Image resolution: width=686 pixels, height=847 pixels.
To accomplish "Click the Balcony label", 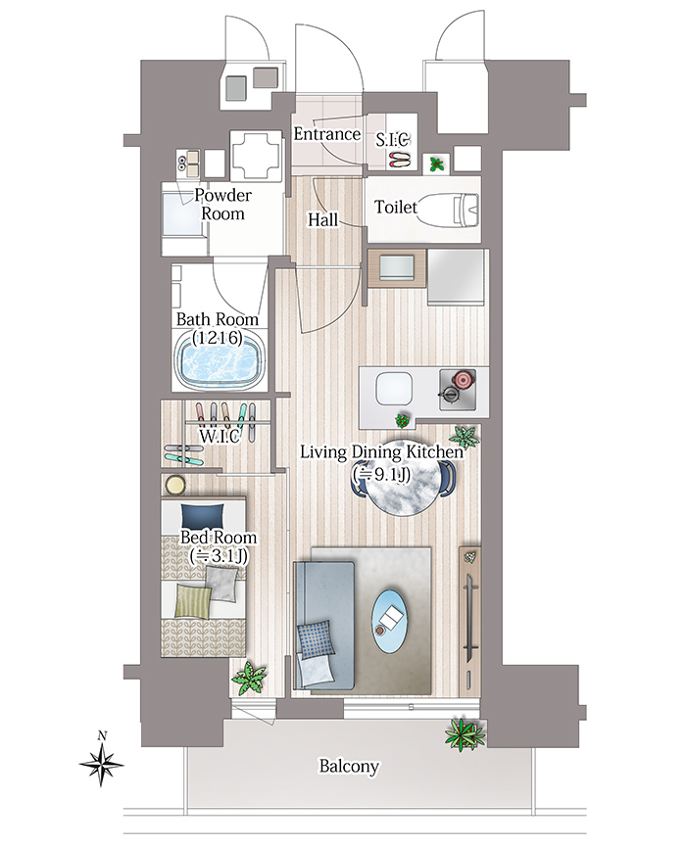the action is tap(349, 766).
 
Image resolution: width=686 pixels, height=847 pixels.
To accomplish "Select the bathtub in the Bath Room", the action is tap(220, 363).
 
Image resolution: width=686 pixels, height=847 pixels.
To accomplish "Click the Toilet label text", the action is tap(396, 207).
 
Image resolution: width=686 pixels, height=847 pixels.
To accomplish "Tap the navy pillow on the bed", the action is tap(202, 517).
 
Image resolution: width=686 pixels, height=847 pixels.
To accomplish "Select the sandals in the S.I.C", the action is tap(400, 159).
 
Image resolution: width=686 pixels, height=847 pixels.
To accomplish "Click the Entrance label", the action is tap(326, 134).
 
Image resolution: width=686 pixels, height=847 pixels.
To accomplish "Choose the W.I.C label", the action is tap(220, 437).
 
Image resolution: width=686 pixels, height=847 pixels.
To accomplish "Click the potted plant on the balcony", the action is tap(463, 734).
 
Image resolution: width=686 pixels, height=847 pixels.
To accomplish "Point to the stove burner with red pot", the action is tap(458, 389).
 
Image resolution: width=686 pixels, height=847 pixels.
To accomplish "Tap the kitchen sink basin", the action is tap(394, 389).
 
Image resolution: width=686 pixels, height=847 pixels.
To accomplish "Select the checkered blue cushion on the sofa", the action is tap(314, 639).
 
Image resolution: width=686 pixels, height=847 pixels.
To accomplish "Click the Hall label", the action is tap(322, 219).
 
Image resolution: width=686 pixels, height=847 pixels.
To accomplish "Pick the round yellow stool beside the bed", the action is tap(174, 484).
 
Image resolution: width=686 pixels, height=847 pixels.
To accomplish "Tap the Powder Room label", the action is tap(222, 205).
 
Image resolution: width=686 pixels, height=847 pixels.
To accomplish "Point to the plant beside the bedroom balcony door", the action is tap(249, 678).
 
